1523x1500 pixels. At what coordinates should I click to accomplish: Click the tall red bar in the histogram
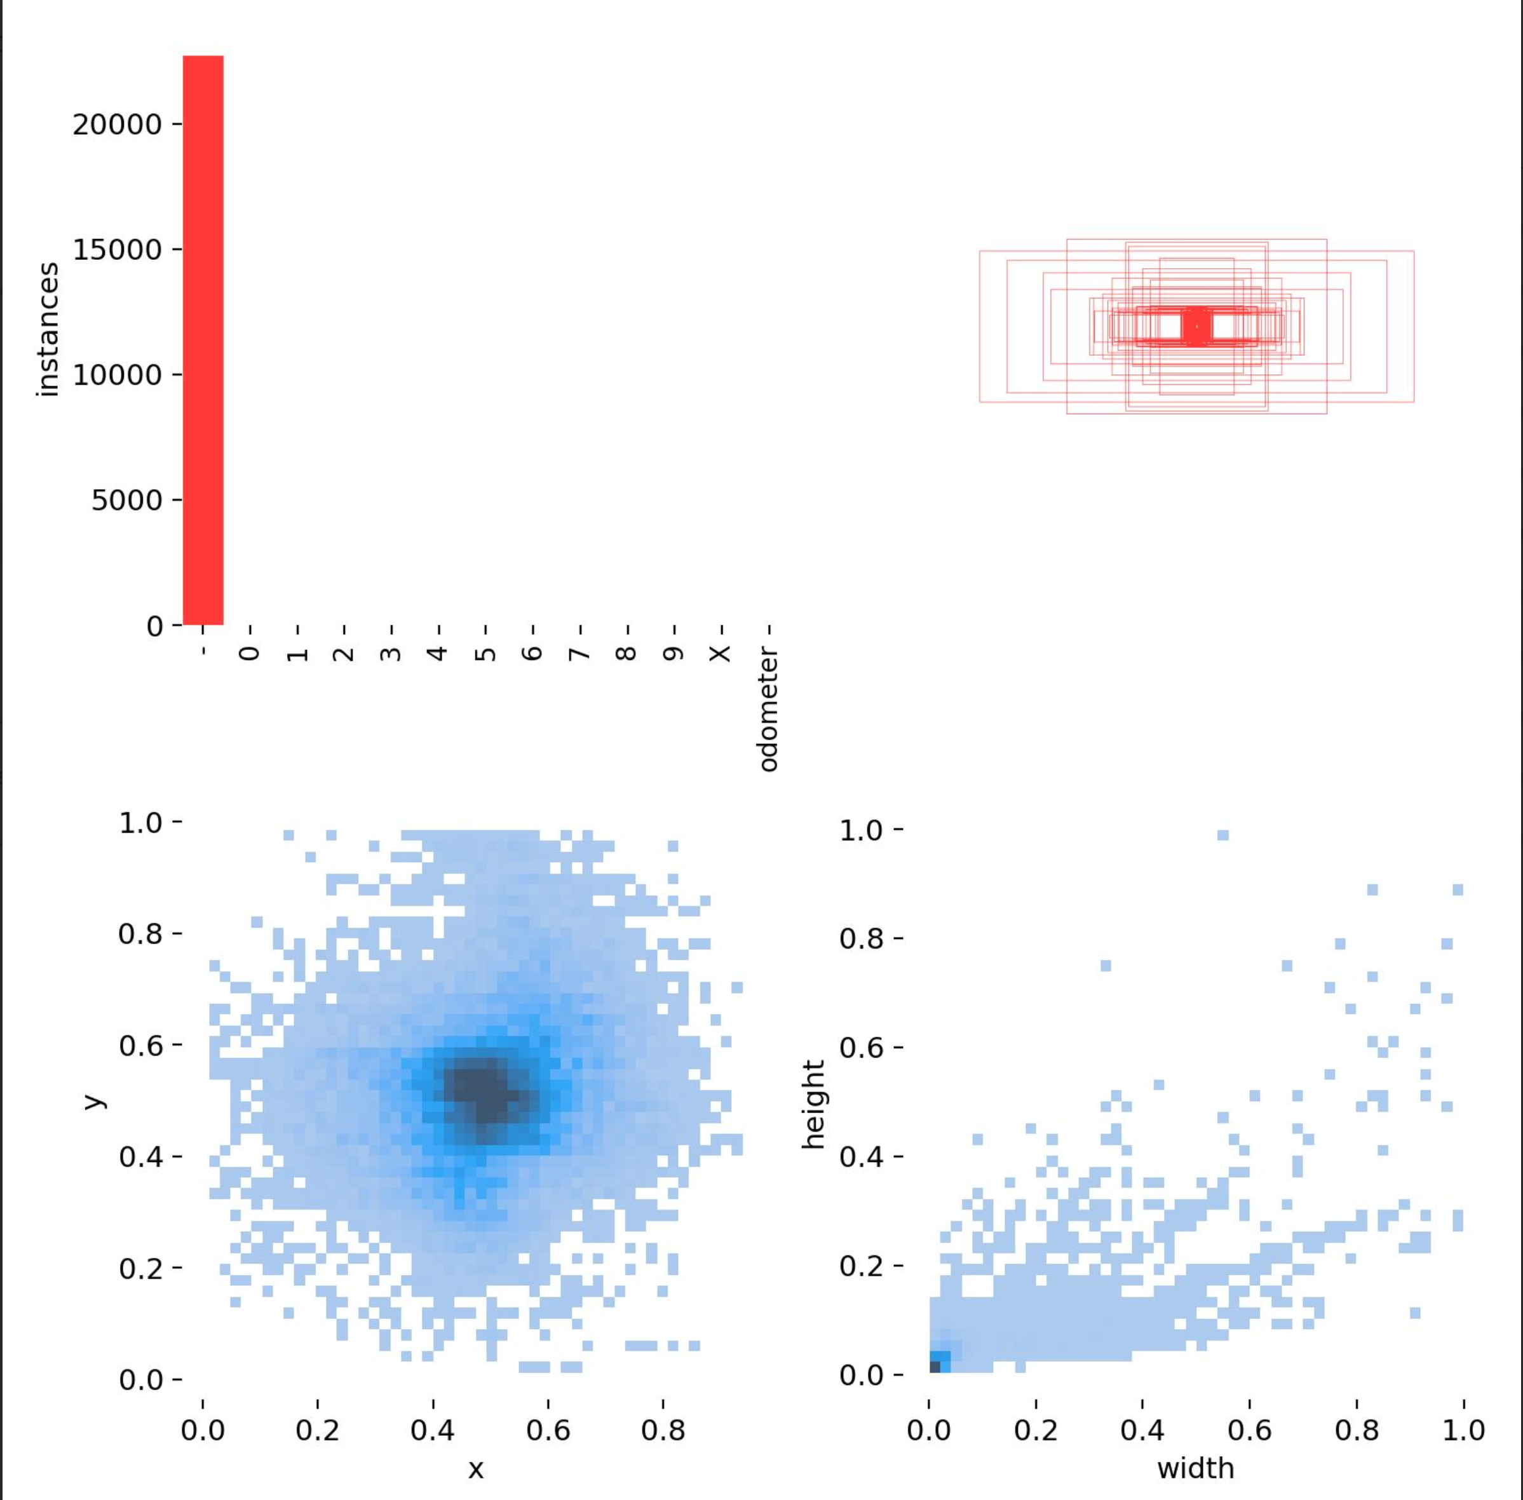(x=203, y=339)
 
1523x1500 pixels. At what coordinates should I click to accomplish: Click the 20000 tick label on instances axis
(x=117, y=125)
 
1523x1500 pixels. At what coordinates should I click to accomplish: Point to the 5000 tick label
(x=126, y=499)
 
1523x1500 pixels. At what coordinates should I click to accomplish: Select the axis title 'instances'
(x=47, y=329)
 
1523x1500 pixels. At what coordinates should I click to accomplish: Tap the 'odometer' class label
(x=768, y=709)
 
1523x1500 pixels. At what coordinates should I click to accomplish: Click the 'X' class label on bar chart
(x=720, y=654)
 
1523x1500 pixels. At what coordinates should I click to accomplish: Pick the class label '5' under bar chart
(x=485, y=654)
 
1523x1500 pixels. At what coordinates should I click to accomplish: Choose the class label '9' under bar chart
(x=674, y=654)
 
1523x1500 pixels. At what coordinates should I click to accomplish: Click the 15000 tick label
(x=117, y=250)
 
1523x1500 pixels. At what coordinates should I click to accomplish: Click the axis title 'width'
(x=1195, y=1468)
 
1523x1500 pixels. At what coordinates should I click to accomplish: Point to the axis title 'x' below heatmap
(x=475, y=1468)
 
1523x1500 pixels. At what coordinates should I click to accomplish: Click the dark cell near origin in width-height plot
(x=935, y=1366)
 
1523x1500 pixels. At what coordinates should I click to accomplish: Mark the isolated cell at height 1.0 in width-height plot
(x=1222, y=835)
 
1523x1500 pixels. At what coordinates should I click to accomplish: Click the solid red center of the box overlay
(x=1196, y=325)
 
